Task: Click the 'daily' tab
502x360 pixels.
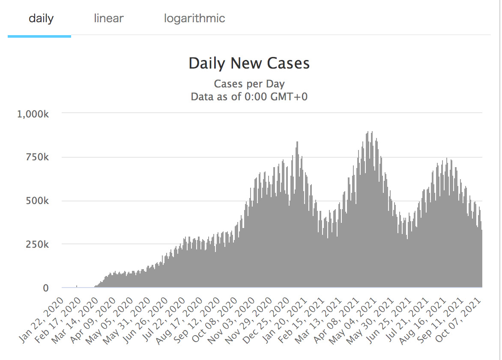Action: pyautogui.click(x=41, y=18)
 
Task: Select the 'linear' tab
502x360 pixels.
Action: pyautogui.click(x=109, y=18)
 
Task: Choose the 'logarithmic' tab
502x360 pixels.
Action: pyautogui.click(x=194, y=18)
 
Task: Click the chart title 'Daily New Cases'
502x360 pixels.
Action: pyautogui.click(x=249, y=63)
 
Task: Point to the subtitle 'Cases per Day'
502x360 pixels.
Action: pyautogui.click(x=249, y=84)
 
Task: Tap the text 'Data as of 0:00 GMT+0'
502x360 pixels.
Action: pyautogui.click(x=249, y=96)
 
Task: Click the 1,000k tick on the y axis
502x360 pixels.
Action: pyautogui.click(x=33, y=114)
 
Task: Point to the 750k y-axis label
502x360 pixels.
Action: pyautogui.click(x=38, y=157)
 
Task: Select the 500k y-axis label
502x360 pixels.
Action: pyautogui.click(x=38, y=201)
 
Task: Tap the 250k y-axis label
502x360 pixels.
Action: pyautogui.click(x=38, y=244)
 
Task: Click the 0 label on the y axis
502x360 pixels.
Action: pyautogui.click(x=45, y=288)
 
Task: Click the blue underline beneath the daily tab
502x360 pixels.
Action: pyautogui.click(x=39, y=36)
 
